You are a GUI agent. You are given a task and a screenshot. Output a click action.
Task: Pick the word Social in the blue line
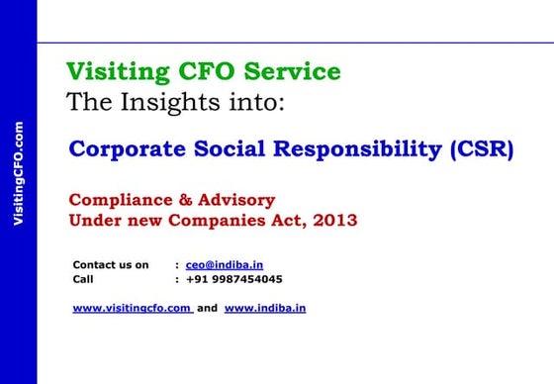pyautogui.click(x=247, y=150)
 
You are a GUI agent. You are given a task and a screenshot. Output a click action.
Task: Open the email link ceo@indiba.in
pyautogui.click(x=225, y=265)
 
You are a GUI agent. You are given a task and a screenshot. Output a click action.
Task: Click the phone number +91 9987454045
pyautogui.click(x=234, y=279)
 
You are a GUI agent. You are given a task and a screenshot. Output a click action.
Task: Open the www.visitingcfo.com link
pyautogui.click(x=133, y=308)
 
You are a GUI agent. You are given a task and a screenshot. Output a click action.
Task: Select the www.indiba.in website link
pyautogui.click(x=265, y=308)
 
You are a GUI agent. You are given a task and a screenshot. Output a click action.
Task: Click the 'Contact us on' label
pyautogui.click(x=111, y=265)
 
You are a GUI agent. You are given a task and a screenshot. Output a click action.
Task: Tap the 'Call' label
pyautogui.click(x=83, y=279)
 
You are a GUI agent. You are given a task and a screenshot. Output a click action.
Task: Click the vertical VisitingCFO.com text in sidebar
pyautogui.click(x=18, y=173)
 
